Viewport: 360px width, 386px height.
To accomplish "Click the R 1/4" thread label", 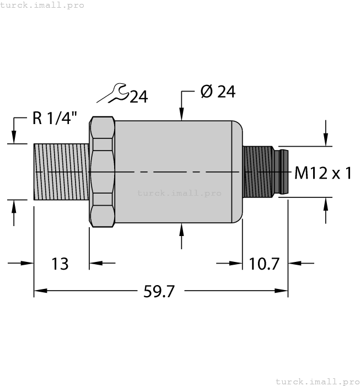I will click(55, 119).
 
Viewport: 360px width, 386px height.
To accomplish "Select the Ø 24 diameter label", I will click(218, 92).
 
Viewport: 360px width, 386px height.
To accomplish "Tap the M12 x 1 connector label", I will click(323, 174).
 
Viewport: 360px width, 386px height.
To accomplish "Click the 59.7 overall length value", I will click(159, 292).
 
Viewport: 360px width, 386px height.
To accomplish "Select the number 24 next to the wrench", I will click(138, 97).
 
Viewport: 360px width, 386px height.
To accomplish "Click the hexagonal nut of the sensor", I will click(101, 172).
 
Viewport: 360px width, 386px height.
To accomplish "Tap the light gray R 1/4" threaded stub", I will click(61, 171).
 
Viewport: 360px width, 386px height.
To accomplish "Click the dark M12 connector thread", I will click(258, 170).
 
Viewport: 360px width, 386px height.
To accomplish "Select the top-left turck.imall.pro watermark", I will click(42, 5).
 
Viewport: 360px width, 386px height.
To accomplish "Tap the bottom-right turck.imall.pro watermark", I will click(316, 381).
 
